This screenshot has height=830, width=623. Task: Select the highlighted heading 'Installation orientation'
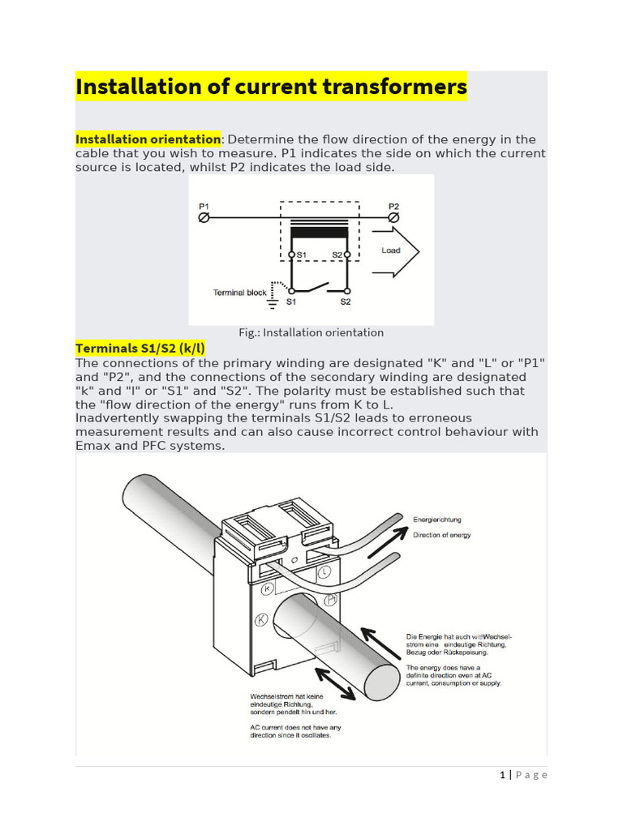point(148,139)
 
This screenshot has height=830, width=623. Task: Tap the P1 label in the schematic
point(204,207)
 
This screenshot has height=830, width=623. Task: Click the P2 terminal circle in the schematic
point(394,218)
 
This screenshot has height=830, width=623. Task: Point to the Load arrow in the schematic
point(393,251)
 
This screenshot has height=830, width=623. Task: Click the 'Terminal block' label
point(239,293)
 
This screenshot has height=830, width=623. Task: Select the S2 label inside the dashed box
point(337,255)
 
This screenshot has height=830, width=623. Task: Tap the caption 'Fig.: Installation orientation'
point(311,332)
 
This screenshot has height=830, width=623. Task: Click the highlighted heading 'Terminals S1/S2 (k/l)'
point(140,349)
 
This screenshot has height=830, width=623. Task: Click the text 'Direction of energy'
point(442,535)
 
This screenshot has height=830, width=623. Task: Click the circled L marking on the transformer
point(324,571)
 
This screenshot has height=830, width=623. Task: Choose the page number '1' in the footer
point(504,775)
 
